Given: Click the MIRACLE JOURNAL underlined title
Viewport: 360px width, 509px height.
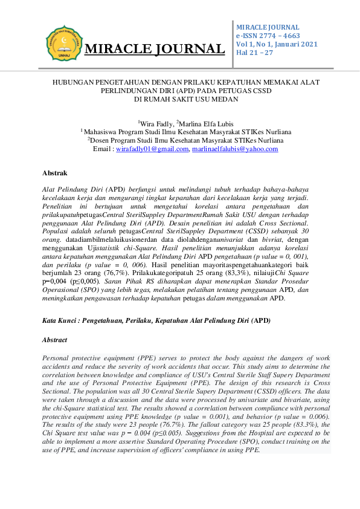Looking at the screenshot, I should pyautogui.click(x=155, y=49).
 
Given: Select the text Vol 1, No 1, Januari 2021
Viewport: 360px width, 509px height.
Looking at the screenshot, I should pyautogui.click(x=276, y=45).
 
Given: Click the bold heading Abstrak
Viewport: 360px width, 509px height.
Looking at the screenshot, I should pyautogui.click(x=54, y=173).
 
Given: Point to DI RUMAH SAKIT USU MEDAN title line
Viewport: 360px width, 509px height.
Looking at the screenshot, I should pyautogui.click(x=179, y=99).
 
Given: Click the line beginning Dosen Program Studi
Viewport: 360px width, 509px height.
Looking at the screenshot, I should pyautogui.click(x=181, y=140).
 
